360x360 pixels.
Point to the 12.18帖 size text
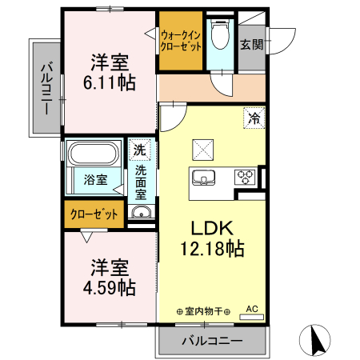click(212, 248)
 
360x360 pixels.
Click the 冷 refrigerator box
click(254, 118)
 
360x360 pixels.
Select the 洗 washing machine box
click(140, 149)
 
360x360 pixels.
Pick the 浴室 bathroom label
click(96, 179)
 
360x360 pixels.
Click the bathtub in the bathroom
click(94, 153)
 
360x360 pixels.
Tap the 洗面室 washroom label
click(140, 182)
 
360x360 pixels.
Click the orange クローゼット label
click(94, 214)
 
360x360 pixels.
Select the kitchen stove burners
click(245, 176)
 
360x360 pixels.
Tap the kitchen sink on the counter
click(203, 176)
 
